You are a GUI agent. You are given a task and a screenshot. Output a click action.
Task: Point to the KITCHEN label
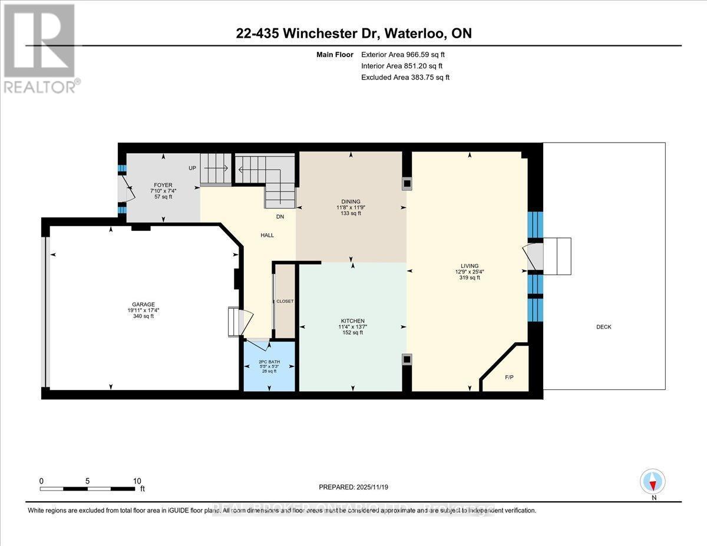click(352, 320)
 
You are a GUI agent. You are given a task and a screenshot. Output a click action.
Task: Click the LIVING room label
click(470, 266)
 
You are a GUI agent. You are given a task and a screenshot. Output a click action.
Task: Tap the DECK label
click(603, 327)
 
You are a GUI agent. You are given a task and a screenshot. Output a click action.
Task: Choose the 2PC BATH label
click(267, 361)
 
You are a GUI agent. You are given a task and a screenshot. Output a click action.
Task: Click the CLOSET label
click(285, 301)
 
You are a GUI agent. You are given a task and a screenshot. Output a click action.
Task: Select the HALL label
click(267, 236)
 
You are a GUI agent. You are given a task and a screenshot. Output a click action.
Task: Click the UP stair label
click(192, 168)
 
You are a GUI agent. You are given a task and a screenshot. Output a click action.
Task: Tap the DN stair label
click(280, 217)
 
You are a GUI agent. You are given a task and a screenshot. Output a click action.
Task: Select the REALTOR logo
click(39, 48)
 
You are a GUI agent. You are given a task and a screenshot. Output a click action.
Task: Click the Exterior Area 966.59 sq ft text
click(407, 55)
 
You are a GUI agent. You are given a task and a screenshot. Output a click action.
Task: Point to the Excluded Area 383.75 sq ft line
click(405, 77)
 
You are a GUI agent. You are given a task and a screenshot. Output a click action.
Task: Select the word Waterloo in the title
click(416, 34)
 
